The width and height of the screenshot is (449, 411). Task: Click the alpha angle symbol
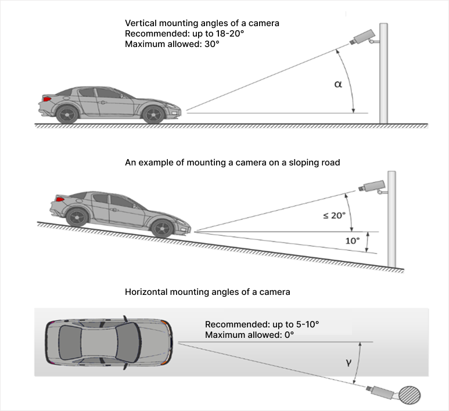[338, 85]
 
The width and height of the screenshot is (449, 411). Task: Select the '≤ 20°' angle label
[334, 215]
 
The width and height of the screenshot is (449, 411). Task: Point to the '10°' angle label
[353, 240]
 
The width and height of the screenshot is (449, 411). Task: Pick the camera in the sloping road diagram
[372, 186]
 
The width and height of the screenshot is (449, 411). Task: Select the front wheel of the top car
[153, 113]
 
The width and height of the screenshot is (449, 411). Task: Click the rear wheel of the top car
[68, 113]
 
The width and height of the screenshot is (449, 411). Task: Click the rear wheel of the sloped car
[77, 217]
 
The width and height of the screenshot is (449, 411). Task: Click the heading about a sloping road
[232, 163]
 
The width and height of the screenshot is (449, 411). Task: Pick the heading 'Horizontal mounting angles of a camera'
[207, 291]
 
